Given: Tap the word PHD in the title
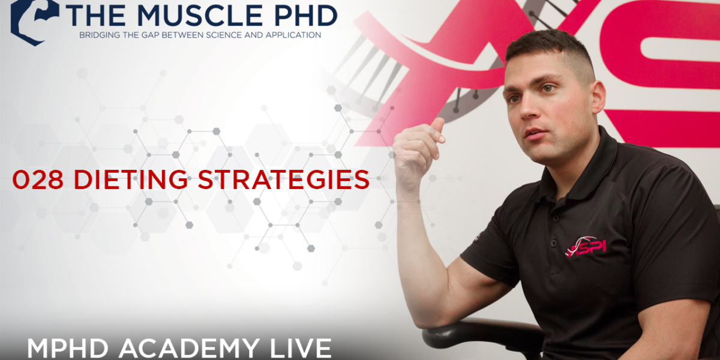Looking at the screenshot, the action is pos(303,15).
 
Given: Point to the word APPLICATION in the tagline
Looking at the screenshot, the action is pos(293,35).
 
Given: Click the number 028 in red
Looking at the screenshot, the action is pos(38,179).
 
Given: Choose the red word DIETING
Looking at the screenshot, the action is pos(130,179).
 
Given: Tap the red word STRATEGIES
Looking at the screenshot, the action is pos(283,179).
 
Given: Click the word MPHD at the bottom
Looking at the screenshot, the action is pos(70,349).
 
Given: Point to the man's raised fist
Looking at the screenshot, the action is pos(418,151).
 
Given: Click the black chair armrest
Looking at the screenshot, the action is pos(482,334).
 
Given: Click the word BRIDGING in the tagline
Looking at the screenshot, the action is pos(98,35).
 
